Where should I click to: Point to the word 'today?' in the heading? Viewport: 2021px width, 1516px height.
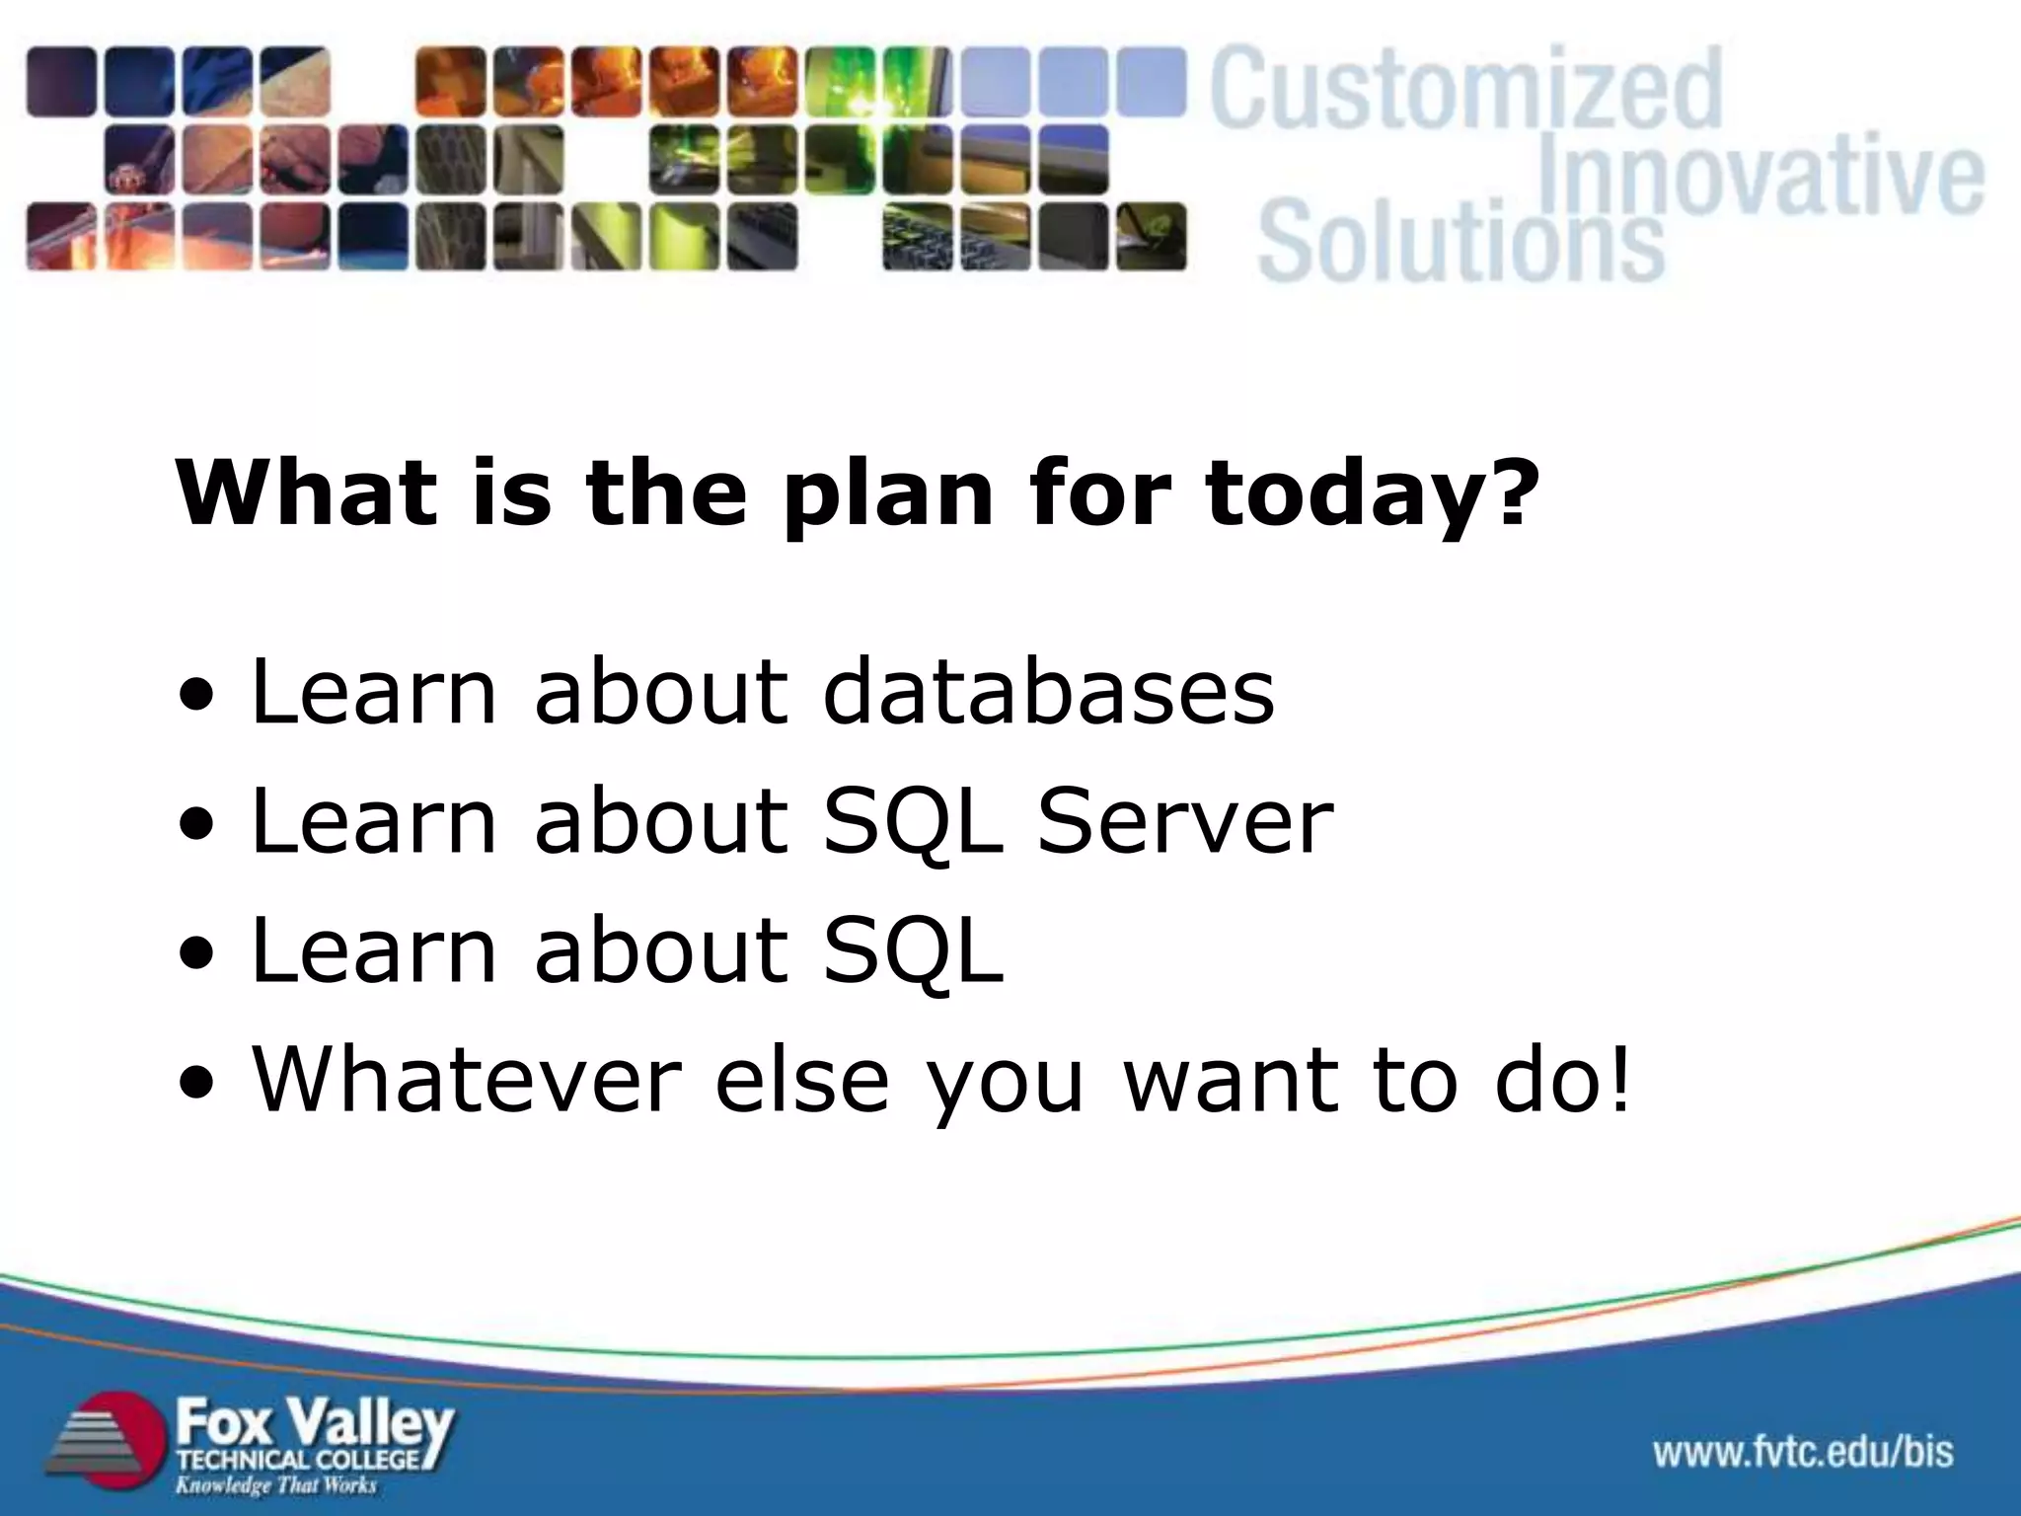pos(1372,493)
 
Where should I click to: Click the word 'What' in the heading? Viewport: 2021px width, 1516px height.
pos(306,493)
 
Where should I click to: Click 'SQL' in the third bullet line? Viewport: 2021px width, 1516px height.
pos(913,950)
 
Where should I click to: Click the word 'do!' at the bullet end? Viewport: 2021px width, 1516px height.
pos(1563,1079)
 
